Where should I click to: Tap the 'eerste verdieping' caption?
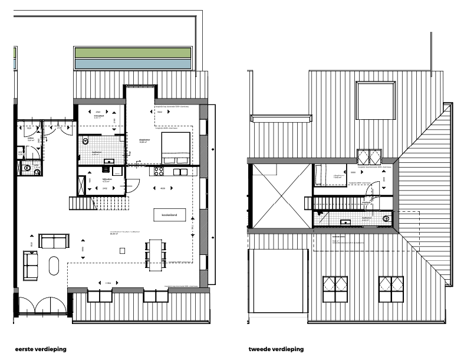click(x=41, y=349)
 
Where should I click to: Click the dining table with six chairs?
click(x=156, y=254)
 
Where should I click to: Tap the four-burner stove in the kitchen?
click(x=159, y=171)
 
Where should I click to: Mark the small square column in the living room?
click(x=122, y=251)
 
